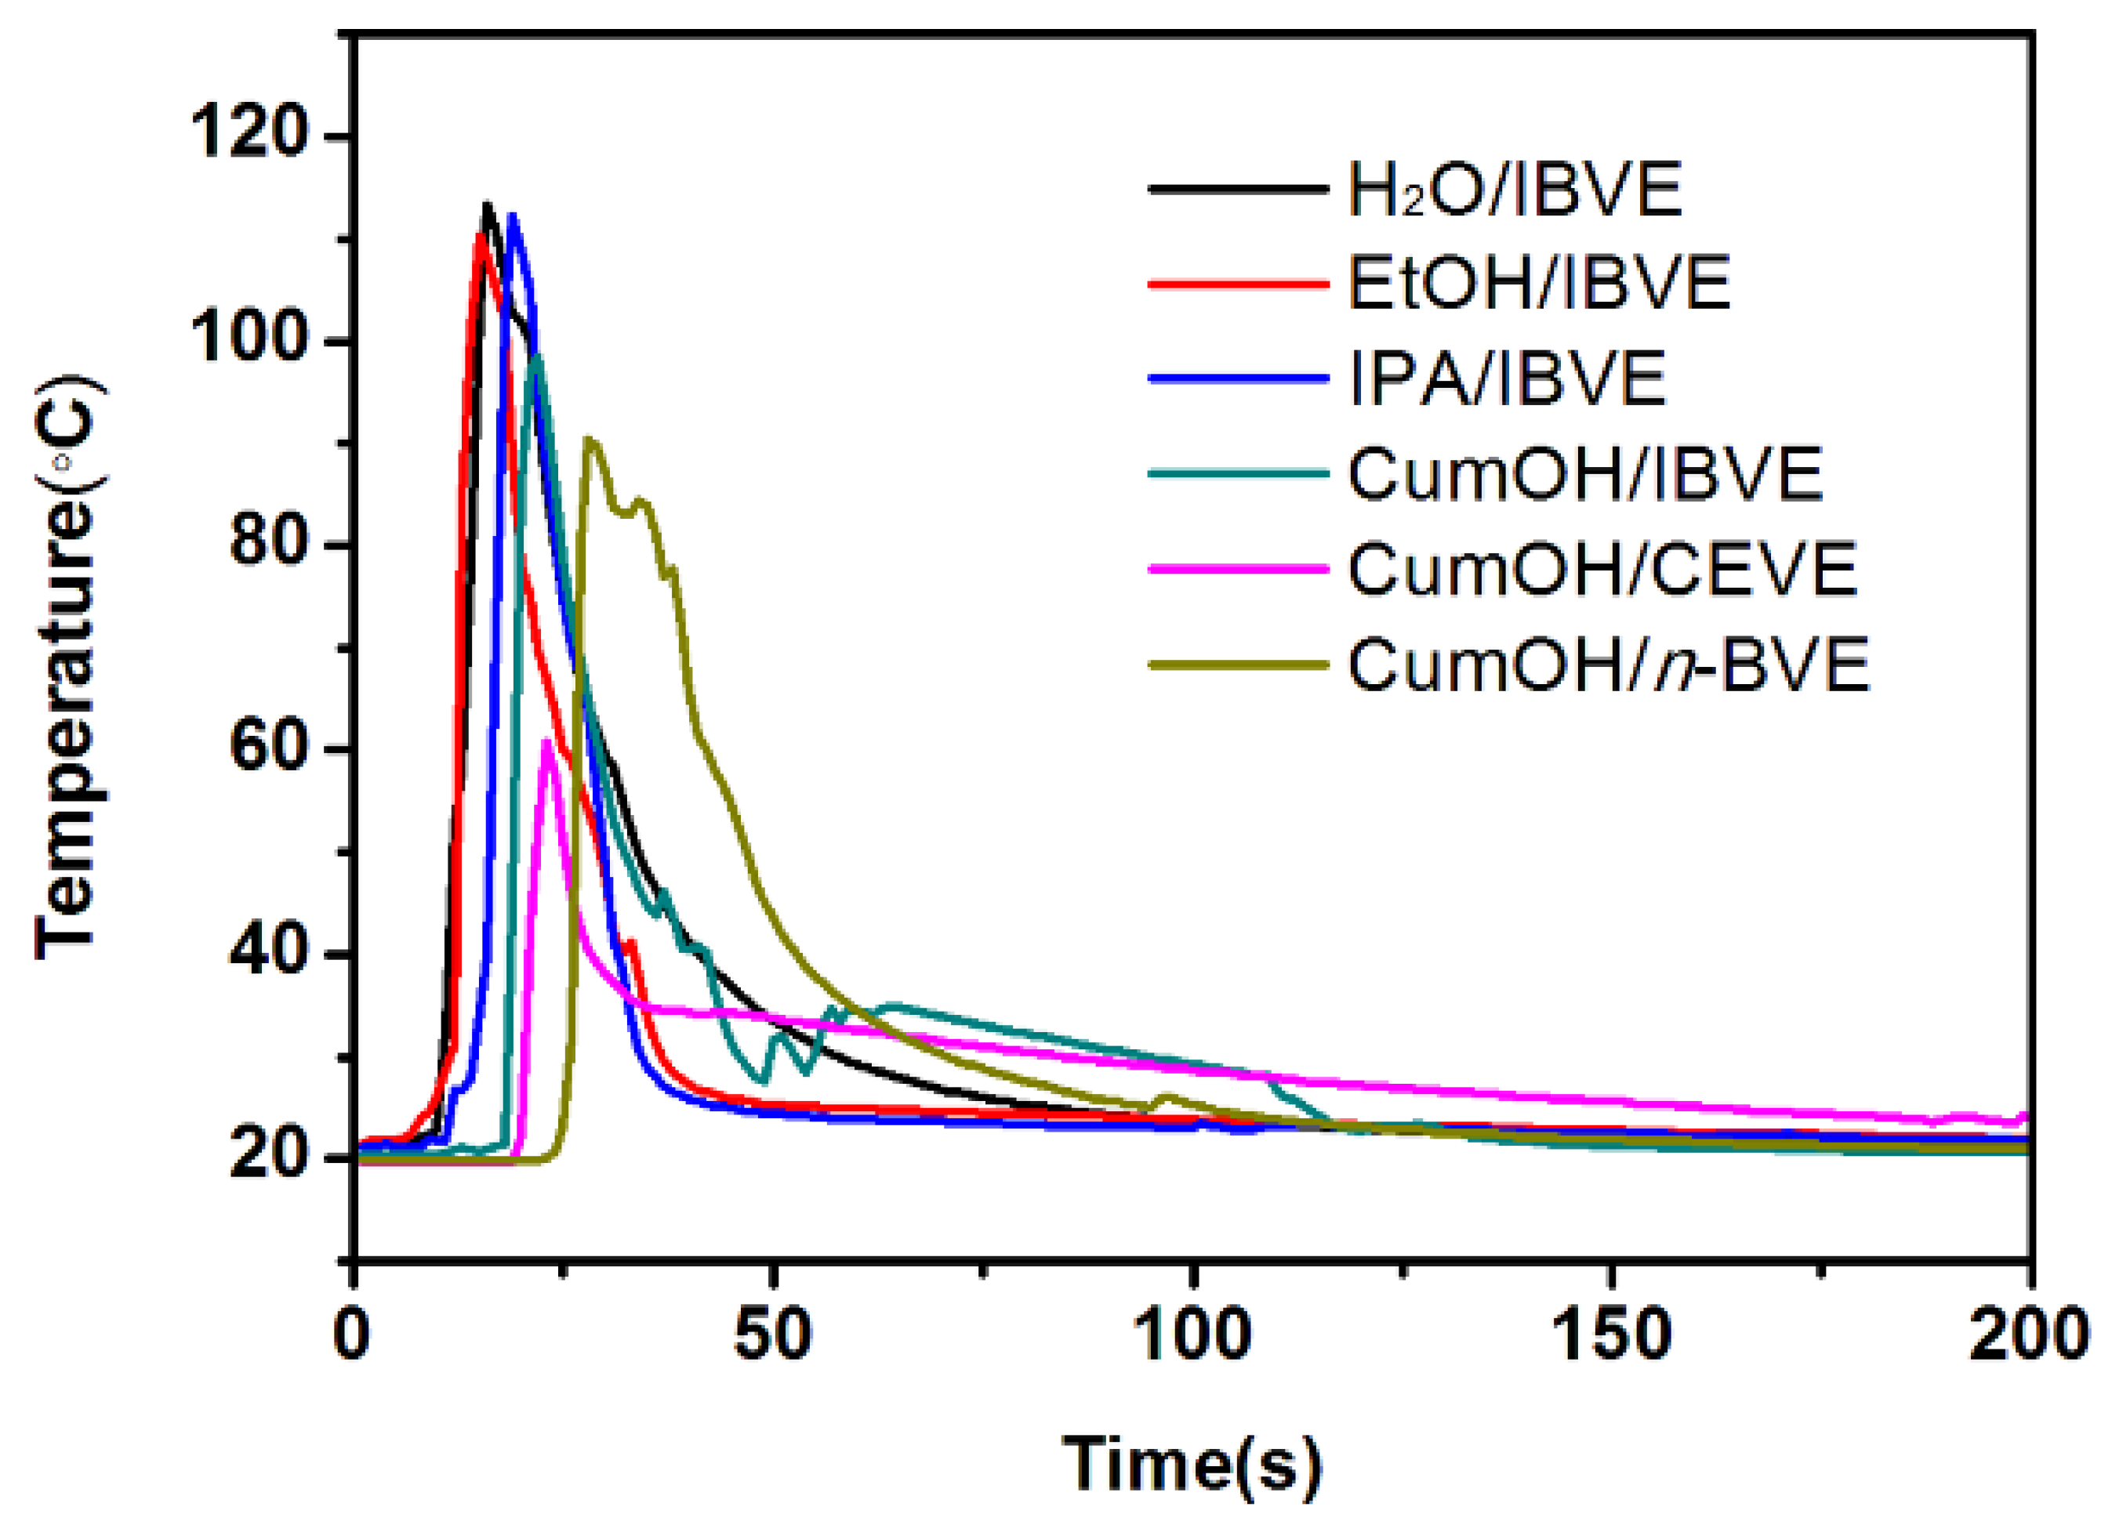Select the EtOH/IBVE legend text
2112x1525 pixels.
[1538, 283]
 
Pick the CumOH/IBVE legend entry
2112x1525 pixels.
[1584, 475]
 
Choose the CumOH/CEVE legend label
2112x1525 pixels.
[1602, 569]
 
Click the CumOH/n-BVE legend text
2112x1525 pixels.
[1608, 665]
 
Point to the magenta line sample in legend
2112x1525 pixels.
[1239, 569]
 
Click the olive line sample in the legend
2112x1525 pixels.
[1239, 665]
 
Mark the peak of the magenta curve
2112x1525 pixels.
[547, 741]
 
